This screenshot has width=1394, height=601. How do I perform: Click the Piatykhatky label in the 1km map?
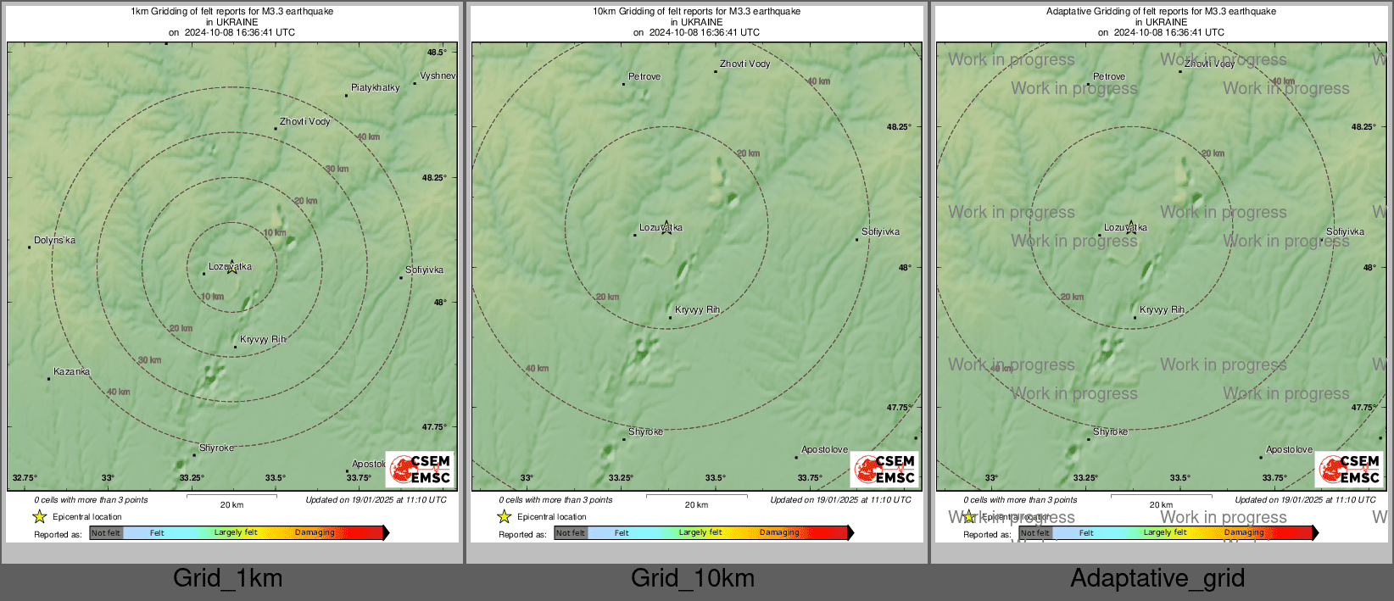coord(375,87)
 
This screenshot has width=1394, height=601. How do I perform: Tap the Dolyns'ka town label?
coord(54,240)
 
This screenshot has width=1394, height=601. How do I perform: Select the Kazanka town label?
coord(71,371)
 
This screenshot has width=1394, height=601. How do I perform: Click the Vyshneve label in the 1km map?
coord(438,75)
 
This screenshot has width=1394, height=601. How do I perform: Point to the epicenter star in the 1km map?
coord(231,268)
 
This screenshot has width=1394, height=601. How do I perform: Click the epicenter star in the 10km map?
coord(666,227)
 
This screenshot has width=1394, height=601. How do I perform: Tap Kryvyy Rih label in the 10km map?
coord(697,309)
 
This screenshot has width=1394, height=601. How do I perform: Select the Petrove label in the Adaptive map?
coord(1109,76)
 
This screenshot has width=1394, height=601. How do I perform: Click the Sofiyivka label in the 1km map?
coord(424,270)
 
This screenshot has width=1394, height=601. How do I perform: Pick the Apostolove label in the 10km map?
coord(824,449)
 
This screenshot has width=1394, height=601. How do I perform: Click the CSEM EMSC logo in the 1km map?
coord(420,469)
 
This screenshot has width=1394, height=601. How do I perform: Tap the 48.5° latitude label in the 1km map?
coord(437,53)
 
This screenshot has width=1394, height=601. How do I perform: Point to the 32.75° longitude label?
coord(25,478)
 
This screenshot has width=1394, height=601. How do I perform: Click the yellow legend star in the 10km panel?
coord(505,516)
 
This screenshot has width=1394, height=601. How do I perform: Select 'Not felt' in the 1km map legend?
coord(106,533)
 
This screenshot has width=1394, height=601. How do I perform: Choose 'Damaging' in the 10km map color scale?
coord(779,533)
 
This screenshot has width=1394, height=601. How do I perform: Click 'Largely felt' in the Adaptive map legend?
coord(1165,533)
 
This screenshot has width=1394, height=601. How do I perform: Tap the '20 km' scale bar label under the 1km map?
coord(231,505)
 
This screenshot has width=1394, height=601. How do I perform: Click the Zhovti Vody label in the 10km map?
coord(744,64)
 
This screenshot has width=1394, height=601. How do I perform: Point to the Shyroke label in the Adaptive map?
coord(1110,431)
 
